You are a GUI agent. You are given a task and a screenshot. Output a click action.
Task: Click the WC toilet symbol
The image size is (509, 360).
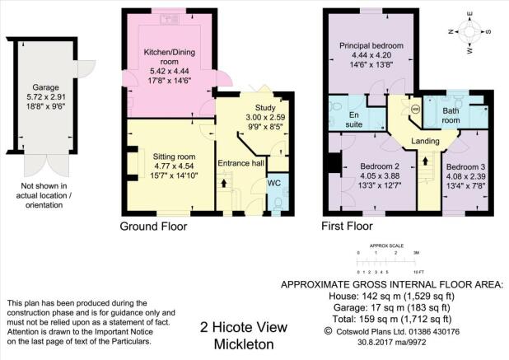point(278,203)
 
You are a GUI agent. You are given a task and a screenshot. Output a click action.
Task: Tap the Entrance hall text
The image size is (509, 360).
point(240,163)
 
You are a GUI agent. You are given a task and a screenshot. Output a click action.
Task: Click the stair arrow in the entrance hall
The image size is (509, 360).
point(224,183)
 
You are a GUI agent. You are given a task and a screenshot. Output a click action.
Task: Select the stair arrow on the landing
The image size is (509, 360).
point(425,161)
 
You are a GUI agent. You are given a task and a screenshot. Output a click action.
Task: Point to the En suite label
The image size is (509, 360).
point(354,119)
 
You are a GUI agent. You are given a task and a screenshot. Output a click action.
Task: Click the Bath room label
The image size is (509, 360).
point(451,115)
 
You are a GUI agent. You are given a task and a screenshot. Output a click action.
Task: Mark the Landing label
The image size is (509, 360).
point(425,141)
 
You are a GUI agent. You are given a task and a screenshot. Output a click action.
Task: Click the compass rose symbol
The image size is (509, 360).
point(469,32)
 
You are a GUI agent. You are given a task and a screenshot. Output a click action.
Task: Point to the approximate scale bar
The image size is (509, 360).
point(386,261)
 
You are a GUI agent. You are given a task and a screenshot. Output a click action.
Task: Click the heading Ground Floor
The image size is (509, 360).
point(153,227)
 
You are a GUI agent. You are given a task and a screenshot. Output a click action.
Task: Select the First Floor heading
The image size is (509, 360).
point(347,226)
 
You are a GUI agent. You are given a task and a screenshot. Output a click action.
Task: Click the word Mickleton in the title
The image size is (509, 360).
point(244,344)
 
